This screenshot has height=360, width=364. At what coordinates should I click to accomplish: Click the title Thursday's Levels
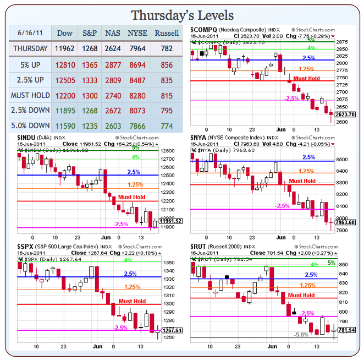click(x=182, y=15)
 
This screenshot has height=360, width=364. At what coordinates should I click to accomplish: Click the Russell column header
click(x=167, y=33)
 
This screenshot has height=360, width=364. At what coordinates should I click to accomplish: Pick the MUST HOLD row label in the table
click(x=30, y=95)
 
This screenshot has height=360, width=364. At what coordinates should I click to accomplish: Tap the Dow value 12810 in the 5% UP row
click(x=65, y=64)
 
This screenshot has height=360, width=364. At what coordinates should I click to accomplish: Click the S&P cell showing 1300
click(x=90, y=95)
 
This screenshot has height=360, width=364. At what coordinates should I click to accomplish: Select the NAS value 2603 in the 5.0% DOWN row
click(x=113, y=126)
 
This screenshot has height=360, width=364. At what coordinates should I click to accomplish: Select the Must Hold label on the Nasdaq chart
click(x=307, y=78)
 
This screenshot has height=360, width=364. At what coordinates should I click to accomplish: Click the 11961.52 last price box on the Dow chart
click(x=172, y=221)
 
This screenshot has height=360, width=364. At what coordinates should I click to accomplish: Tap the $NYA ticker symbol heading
click(x=200, y=137)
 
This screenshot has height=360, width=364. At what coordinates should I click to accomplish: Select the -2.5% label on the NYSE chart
click(x=282, y=206)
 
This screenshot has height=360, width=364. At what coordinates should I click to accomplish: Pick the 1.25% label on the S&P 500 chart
click(x=132, y=287)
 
